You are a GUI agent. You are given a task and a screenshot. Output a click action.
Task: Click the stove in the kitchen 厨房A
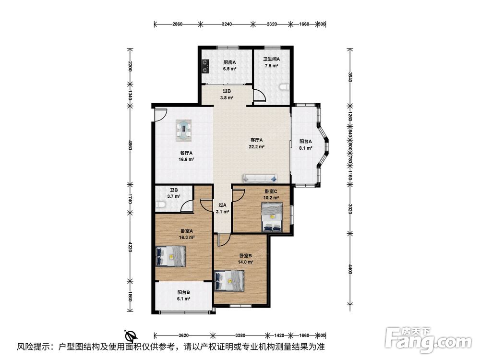coord(205,66)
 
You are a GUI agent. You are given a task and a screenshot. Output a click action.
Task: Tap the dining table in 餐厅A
coord(184,131)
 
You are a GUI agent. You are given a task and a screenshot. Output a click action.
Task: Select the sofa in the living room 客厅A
coord(260,178)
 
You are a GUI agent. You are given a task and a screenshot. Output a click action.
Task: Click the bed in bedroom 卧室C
coord(272,217)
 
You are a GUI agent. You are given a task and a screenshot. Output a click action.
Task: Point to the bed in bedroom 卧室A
coord(171,256)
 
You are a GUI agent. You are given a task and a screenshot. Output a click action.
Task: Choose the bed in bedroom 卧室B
coord(229,281)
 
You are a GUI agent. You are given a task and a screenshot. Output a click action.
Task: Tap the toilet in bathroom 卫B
coord(159,205)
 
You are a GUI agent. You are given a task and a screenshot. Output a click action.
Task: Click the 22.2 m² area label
coord(256,146)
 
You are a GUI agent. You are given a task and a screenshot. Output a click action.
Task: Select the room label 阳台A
coord(305,142)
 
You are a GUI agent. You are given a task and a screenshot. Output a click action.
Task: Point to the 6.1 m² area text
coord(184,299)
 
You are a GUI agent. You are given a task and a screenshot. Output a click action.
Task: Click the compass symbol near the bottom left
coord(131,336)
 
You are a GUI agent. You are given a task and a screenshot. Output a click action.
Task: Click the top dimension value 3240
coord(227,24)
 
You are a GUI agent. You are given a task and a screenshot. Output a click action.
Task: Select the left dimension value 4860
coord(130,145)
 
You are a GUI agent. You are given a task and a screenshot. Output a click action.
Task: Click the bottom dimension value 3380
coord(240,335)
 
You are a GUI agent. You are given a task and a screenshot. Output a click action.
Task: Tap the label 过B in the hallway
coord(227,91)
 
